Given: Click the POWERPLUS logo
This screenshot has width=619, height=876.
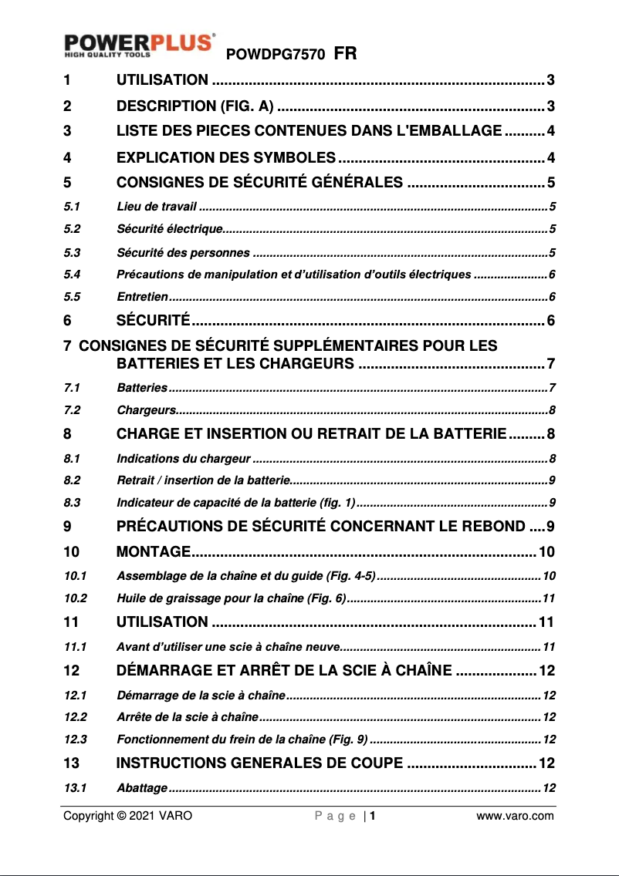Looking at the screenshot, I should [139, 44].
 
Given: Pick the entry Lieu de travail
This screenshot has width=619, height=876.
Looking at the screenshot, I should [157, 207].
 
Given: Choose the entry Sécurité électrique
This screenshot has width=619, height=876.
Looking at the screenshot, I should [170, 229].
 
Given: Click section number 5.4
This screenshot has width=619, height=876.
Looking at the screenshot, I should [73, 275].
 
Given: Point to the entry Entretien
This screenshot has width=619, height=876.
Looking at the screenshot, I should [142, 297].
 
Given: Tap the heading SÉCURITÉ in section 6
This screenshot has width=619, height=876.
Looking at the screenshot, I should [153, 320].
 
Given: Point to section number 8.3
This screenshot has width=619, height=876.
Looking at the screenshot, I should [73, 504].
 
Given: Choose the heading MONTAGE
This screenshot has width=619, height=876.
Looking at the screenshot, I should [154, 551].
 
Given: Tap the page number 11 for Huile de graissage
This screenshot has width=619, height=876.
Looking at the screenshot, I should [549, 598].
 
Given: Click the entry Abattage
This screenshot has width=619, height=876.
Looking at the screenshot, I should [142, 788].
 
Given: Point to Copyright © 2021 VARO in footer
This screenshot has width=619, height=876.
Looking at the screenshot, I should [127, 816].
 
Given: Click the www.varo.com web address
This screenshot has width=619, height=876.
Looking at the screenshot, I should [515, 816].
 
